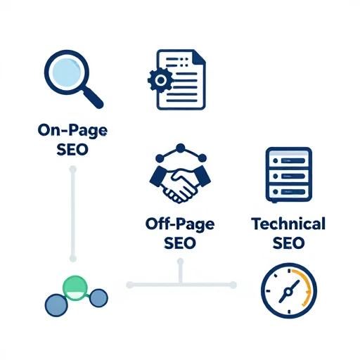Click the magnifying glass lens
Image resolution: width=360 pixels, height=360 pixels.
click(x=67, y=72)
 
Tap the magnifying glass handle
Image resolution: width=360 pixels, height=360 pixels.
click(x=94, y=98)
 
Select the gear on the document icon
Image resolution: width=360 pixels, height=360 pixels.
click(x=160, y=80)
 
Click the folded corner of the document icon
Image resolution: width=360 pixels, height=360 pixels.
click(x=199, y=56)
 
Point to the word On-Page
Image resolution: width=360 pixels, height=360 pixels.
click(x=72, y=130)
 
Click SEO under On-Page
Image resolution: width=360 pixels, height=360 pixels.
click(x=72, y=150)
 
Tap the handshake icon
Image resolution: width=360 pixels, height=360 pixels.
click(x=180, y=184)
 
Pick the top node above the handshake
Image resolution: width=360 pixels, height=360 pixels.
click(x=181, y=148)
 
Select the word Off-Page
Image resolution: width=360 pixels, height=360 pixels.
click(x=180, y=224)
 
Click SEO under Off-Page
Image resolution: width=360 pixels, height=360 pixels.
click(x=180, y=243)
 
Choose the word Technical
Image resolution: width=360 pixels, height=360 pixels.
click(x=288, y=224)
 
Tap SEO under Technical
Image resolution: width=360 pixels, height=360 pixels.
click(x=288, y=243)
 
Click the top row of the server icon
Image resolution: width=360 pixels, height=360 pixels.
click(x=289, y=160)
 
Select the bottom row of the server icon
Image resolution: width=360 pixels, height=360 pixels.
click(x=289, y=192)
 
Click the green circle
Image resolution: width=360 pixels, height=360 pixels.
click(x=75, y=288)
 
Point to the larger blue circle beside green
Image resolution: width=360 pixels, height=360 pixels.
click(x=56, y=305)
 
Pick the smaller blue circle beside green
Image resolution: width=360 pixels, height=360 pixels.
click(x=98, y=298)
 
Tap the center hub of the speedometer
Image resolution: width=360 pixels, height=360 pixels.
click(x=288, y=292)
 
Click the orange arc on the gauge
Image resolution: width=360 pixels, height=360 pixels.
click(x=304, y=287)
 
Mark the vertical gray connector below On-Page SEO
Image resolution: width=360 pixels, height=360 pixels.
click(x=73, y=214)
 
